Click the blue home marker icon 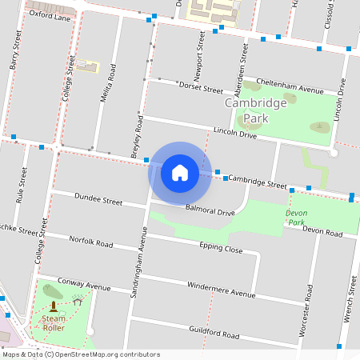(180, 173)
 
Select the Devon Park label (296, 218)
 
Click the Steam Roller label (54, 323)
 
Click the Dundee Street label (98, 199)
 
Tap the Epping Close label (221, 248)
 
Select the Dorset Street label (201, 86)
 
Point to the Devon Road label (322, 232)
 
